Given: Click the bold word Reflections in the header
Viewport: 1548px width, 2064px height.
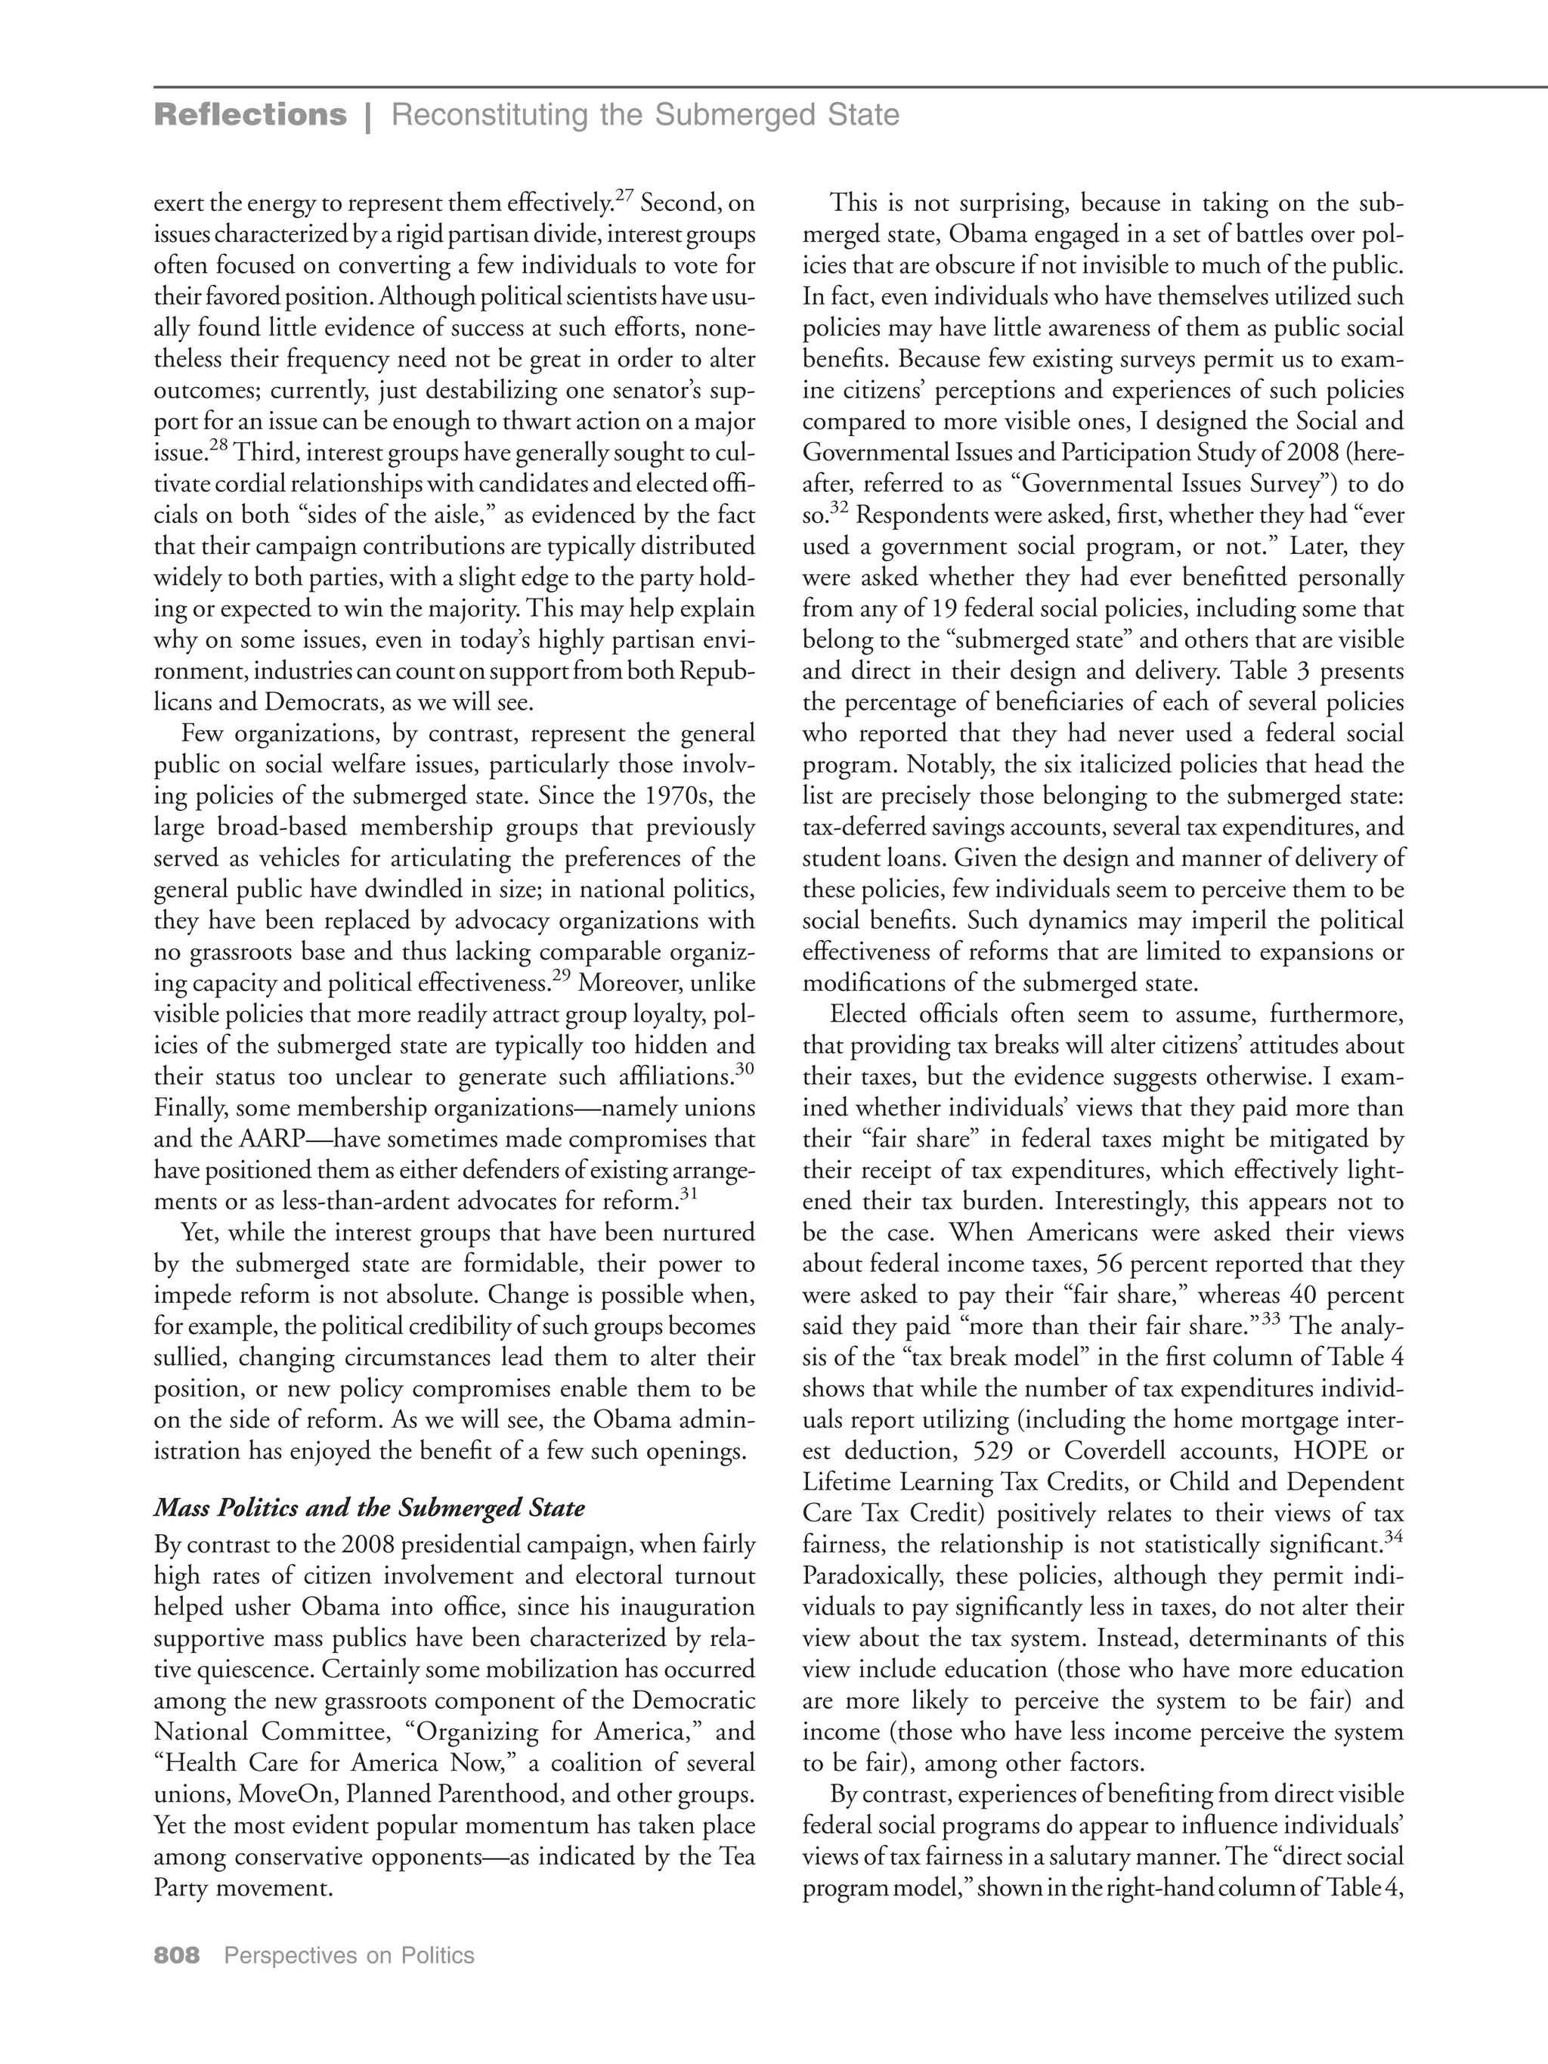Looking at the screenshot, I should point(249,115).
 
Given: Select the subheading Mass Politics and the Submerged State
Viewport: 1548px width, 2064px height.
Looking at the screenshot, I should point(370,1508).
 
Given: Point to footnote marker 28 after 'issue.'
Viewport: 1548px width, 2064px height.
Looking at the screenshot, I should point(218,447).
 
